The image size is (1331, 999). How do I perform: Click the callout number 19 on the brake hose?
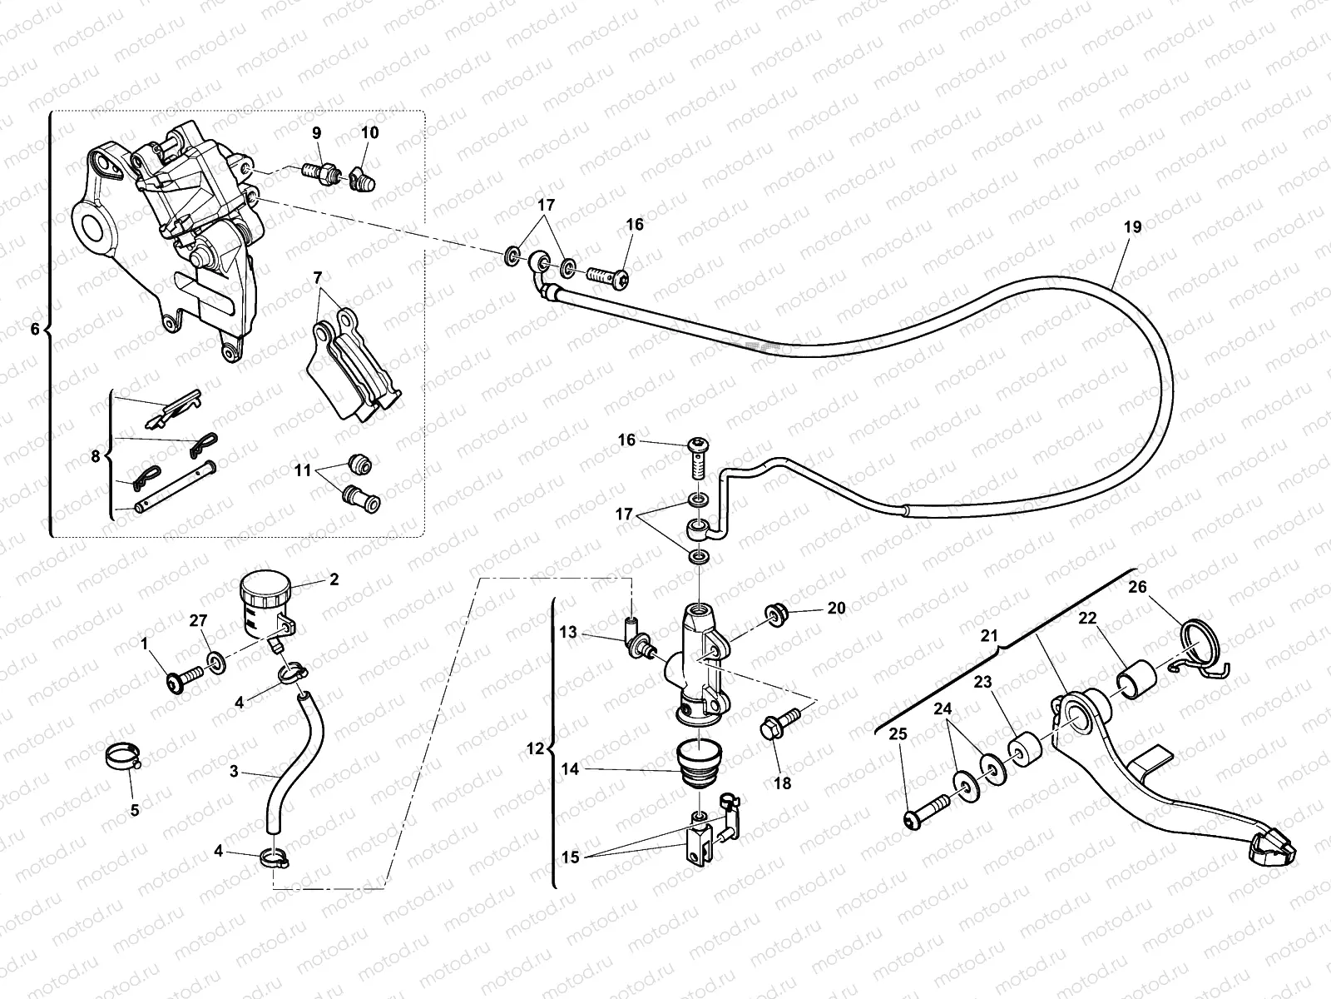pyautogui.click(x=1133, y=227)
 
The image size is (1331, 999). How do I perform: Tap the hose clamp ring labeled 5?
pyautogui.click(x=123, y=756)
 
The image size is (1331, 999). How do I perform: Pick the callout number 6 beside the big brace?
pyautogui.click(x=34, y=330)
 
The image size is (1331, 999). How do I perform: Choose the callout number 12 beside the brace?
pyautogui.click(x=535, y=749)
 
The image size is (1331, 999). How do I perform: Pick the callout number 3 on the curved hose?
pyautogui.click(x=235, y=772)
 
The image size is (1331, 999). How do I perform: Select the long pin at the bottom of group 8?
pyautogui.click(x=176, y=492)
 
